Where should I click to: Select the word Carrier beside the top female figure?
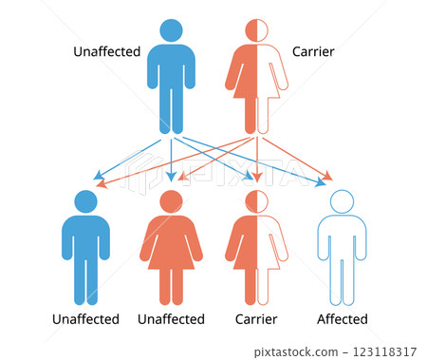(x=313, y=50)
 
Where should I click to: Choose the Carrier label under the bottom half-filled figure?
(x=256, y=319)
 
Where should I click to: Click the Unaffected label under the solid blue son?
(x=85, y=319)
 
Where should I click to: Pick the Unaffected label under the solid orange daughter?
(x=171, y=319)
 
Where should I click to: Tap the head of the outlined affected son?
(x=340, y=201)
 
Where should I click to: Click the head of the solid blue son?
(x=85, y=201)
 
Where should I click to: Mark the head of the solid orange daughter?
(x=171, y=201)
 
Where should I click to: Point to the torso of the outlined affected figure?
(x=340, y=237)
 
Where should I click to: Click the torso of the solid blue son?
(x=85, y=237)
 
